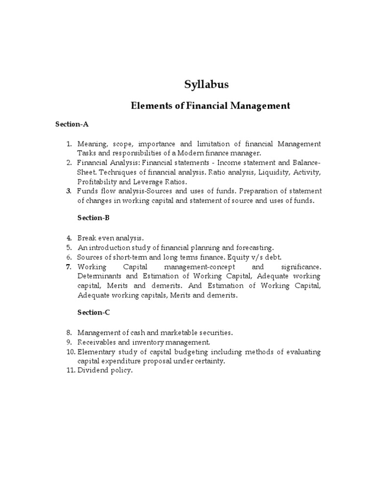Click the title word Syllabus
click(206, 85)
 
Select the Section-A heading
click(71, 124)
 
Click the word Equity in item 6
click(233, 257)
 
